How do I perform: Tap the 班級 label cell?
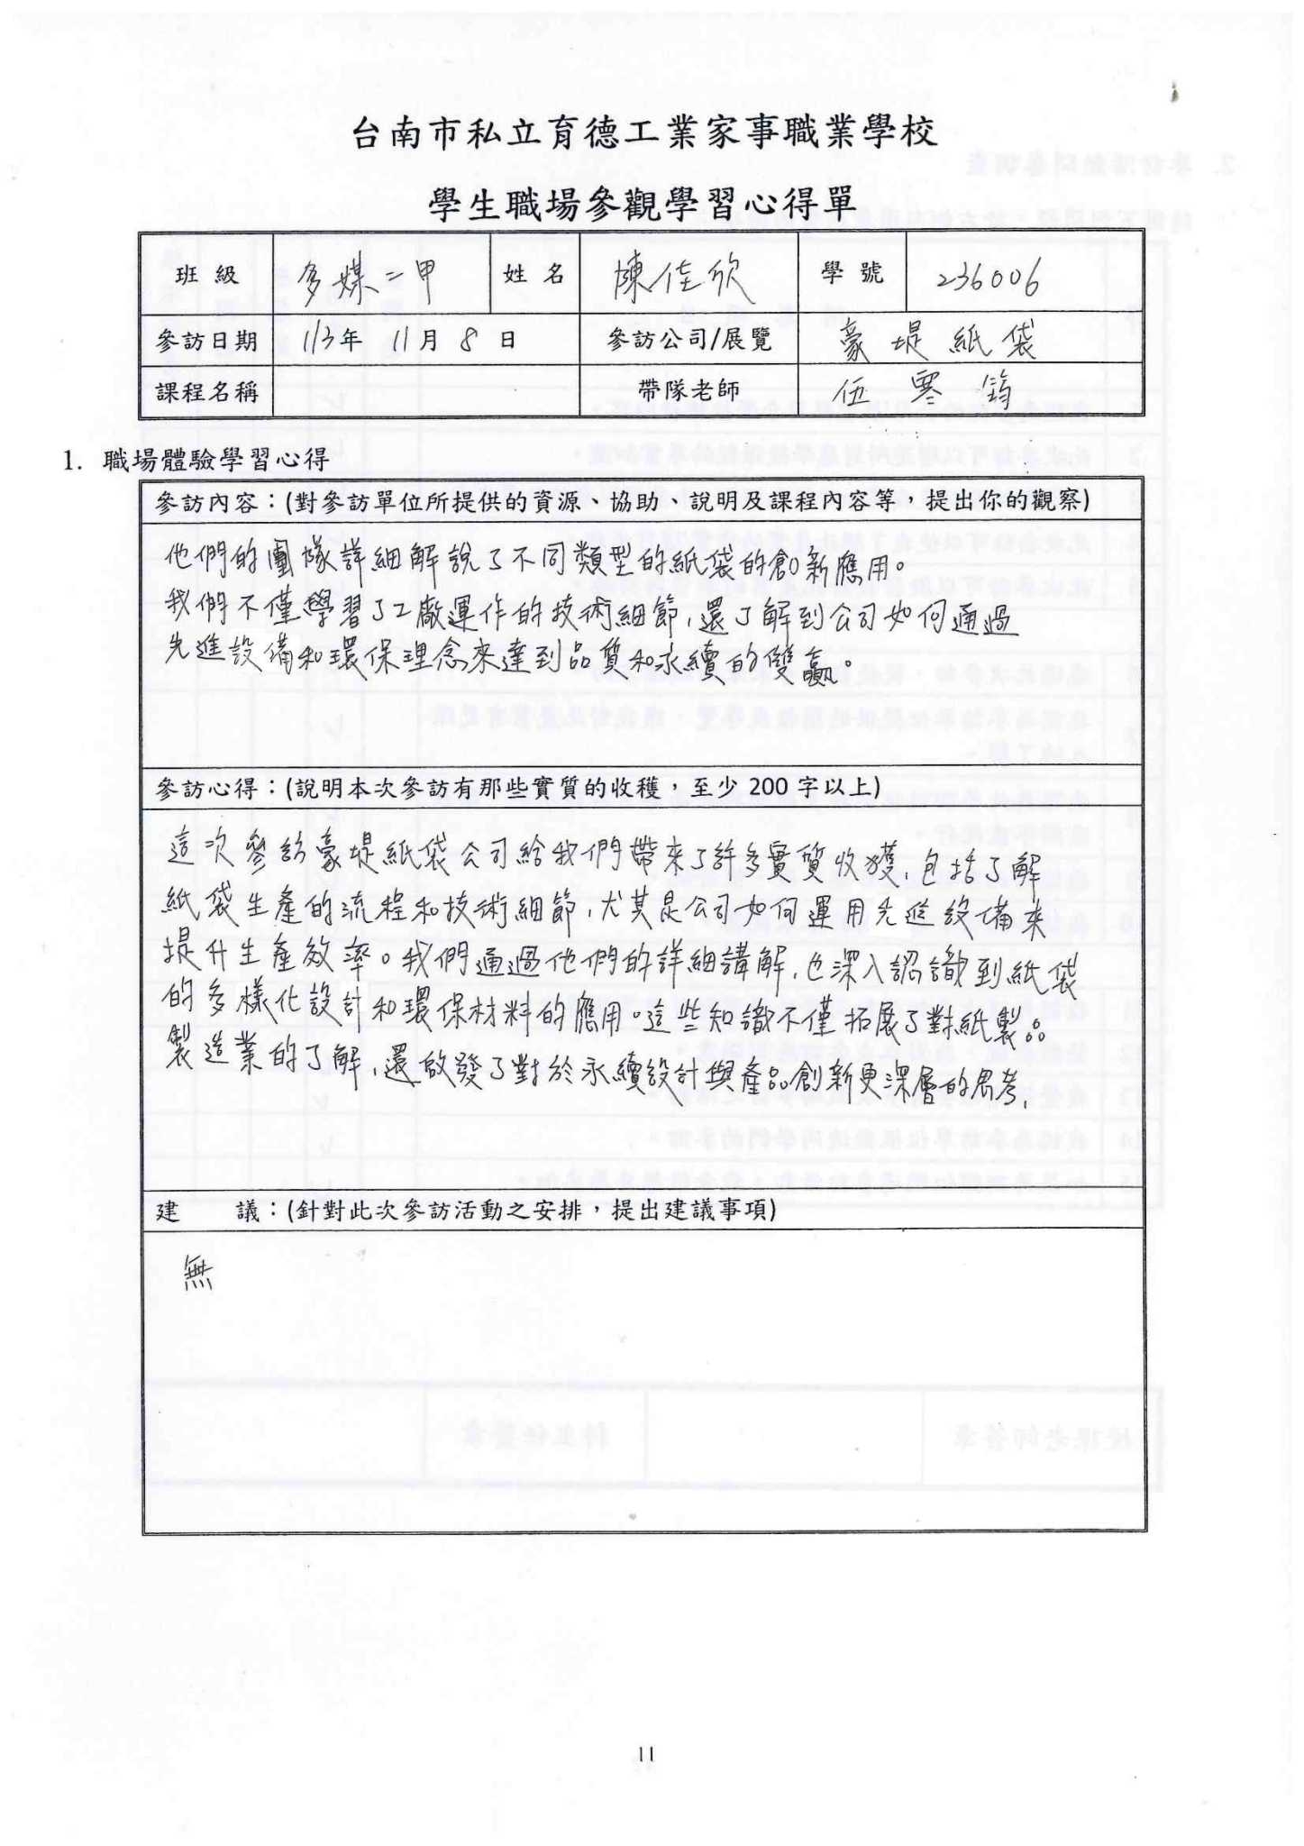tap(206, 275)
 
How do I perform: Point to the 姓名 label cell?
tap(534, 273)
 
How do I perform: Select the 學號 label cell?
tap(852, 272)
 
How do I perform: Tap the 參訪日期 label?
tap(206, 341)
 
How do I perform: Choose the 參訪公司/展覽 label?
tap(688, 340)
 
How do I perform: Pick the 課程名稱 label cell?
tap(206, 392)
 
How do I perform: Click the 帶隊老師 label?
tap(688, 389)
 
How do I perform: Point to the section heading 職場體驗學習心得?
tap(215, 460)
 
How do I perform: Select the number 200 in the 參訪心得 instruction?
tap(771, 788)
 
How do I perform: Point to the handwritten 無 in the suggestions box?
tap(197, 1274)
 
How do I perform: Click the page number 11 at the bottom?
tap(645, 1754)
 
